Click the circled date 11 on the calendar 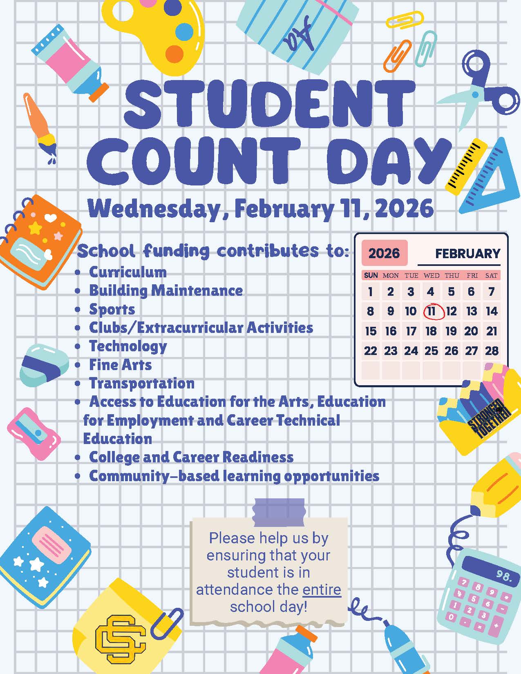pyautogui.click(x=432, y=311)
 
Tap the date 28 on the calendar pyautogui.click(x=492, y=350)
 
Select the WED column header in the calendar pyautogui.click(x=431, y=276)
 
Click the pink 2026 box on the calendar pyautogui.click(x=384, y=253)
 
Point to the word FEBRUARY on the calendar pyautogui.click(x=467, y=254)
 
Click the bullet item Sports pyautogui.click(x=112, y=310)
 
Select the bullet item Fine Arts pyautogui.click(x=120, y=365)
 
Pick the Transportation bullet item pyautogui.click(x=141, y=384)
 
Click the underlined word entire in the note pyautogui.click(x=322, y=590)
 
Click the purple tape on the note pyautogui.click(x=279, y=512)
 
